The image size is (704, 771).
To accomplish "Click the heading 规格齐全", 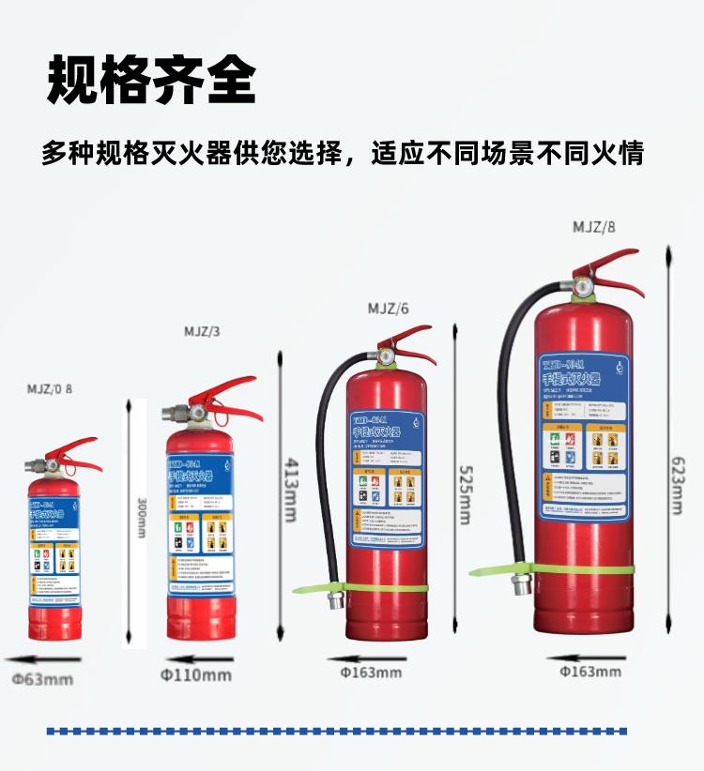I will [151, 80].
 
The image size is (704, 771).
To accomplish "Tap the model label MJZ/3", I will [203, 331].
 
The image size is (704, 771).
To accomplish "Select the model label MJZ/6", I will [388, 308].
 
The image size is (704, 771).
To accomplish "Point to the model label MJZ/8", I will [594, 226].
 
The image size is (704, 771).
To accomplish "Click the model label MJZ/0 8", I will [49, 388].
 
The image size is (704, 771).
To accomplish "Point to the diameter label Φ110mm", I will [196, 674].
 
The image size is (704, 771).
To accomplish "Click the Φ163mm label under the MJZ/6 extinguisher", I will [371, 672].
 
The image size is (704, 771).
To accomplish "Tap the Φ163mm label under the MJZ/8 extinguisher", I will [590, 671].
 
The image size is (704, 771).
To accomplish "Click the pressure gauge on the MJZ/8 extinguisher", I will [583, 287].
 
